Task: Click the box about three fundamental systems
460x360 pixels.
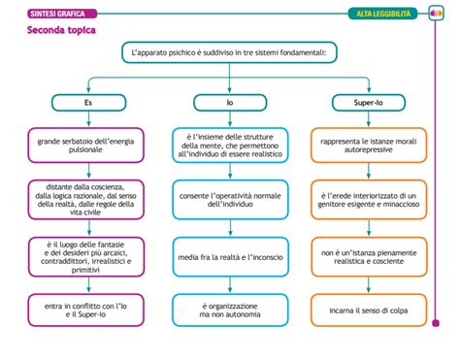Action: tap(229, 53)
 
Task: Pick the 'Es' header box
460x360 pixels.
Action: tap(86, 100)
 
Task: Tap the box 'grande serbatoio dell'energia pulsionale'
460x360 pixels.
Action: tap(86, 146)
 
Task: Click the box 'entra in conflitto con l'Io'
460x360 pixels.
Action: tap(86, 310)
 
